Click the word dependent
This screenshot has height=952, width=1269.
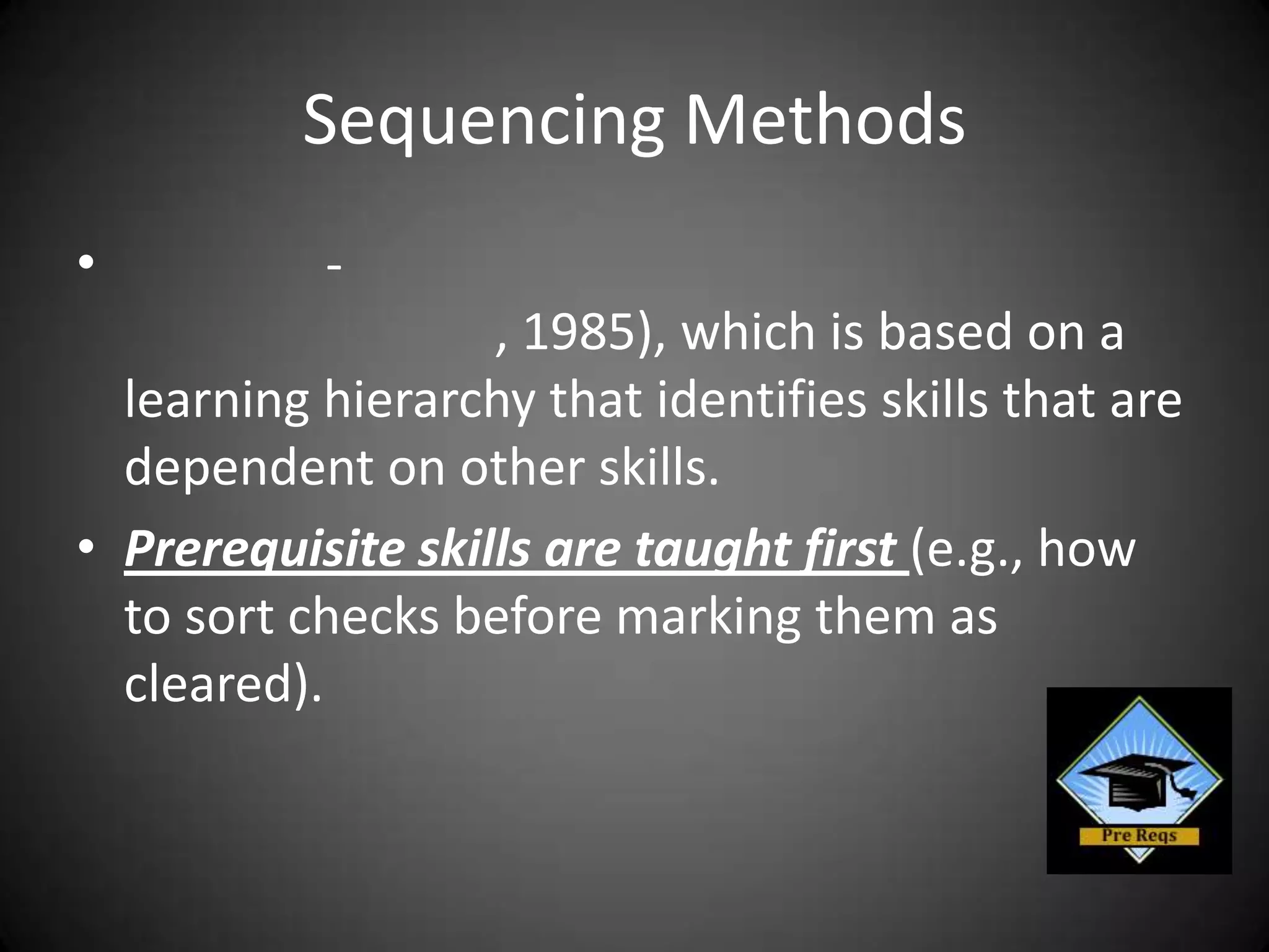pos(248,468)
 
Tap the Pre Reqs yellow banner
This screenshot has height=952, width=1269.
pos(1139,836)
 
